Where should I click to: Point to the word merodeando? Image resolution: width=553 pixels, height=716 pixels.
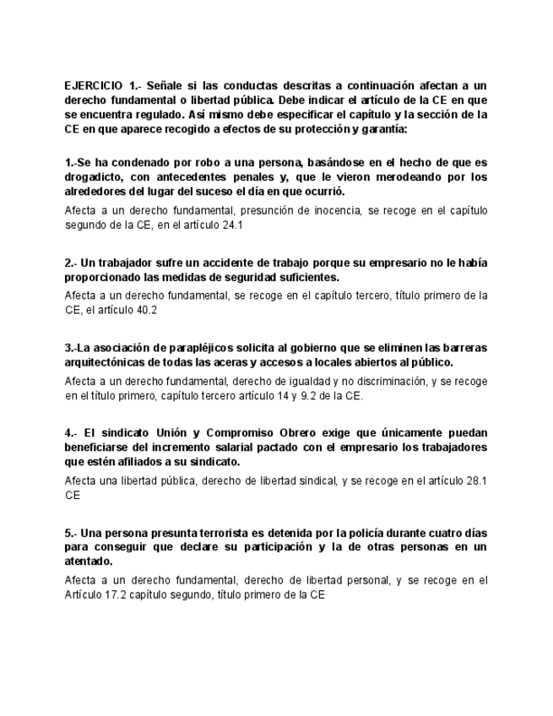click(x=385, y=177)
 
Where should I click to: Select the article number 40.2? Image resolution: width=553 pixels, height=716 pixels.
click(x=146, y=310)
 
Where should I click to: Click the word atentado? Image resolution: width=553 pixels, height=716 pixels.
click(x=89, y=561)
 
